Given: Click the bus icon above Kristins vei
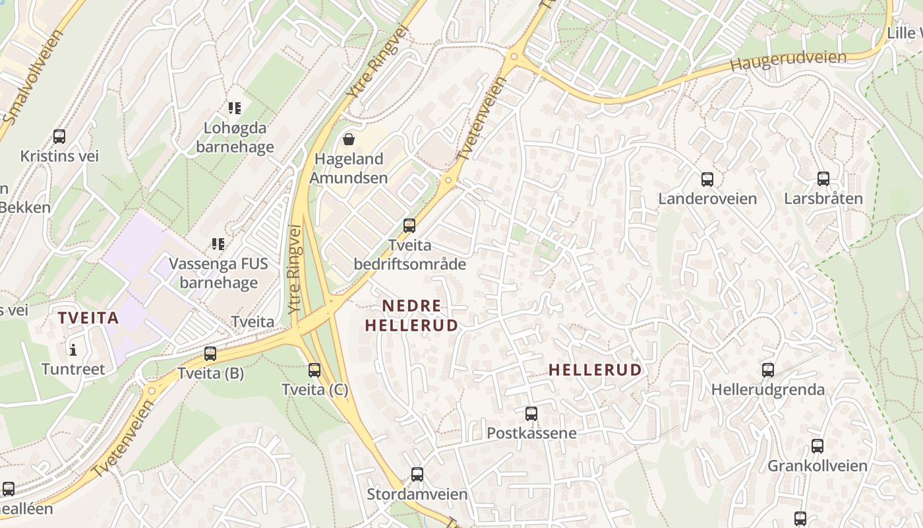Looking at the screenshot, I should point(59,137).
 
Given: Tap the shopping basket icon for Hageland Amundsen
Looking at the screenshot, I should point(349,139).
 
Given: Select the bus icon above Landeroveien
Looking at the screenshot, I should point(707,179).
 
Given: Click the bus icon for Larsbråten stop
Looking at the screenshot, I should point(823,178).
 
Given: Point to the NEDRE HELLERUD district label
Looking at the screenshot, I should point(411,315).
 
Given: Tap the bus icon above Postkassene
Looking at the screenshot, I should point(531,414).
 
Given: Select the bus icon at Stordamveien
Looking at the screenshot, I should point(417,474).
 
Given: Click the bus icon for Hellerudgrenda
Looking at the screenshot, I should point(768,370).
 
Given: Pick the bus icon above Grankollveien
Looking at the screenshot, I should point(818,446).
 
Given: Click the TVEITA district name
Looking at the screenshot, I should point(88,318).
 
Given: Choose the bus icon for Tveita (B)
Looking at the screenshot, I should point(210,354).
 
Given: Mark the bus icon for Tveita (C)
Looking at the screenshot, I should point(314,370).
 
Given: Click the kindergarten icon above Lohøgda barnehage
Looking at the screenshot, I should point(235,108).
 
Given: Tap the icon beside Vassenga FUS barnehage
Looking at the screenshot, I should point(218,244).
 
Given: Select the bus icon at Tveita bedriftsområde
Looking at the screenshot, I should point(409,226).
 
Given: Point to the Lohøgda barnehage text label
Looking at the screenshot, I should point(235,137).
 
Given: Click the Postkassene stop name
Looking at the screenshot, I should point(531,434).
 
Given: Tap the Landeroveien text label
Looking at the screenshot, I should point(707,199).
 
